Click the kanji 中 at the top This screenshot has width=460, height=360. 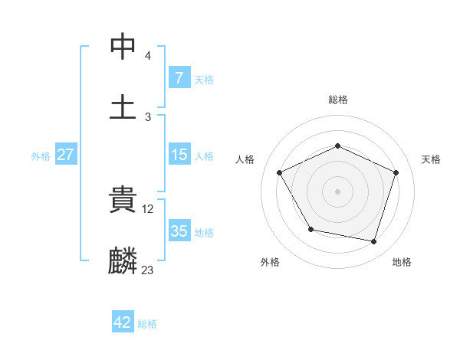(x=123, y=46)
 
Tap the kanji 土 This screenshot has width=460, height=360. (x=123, y=106)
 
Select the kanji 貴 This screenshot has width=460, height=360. (x=123, y=201)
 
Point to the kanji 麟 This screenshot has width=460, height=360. (x=123, y=260)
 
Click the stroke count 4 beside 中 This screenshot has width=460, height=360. (x=147, y=56)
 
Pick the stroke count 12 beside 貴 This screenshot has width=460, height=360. (x=149, y=208)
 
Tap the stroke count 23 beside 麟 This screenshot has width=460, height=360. (x=148, y=270)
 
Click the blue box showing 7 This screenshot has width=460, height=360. (x=179, y=78)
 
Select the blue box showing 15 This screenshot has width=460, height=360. (x=179, y=155)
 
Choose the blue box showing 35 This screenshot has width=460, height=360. (x=179, y=231)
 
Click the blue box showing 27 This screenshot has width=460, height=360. (x=65, y=155)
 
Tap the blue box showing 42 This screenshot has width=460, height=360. (x=123, y=322)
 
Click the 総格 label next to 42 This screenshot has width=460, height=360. (x=147, y=324)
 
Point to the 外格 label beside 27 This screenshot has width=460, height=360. (x=41, y=156)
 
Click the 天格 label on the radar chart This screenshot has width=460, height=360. (x=432, y=159)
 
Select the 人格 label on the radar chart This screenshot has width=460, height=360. (x=245, y=159)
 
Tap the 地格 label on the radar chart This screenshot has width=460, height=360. (x=402, y=262)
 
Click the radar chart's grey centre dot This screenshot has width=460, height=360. (x=338, y=191)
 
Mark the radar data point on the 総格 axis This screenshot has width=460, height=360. (x=338, y=146)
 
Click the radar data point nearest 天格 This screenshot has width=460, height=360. (x=396, y=172)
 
